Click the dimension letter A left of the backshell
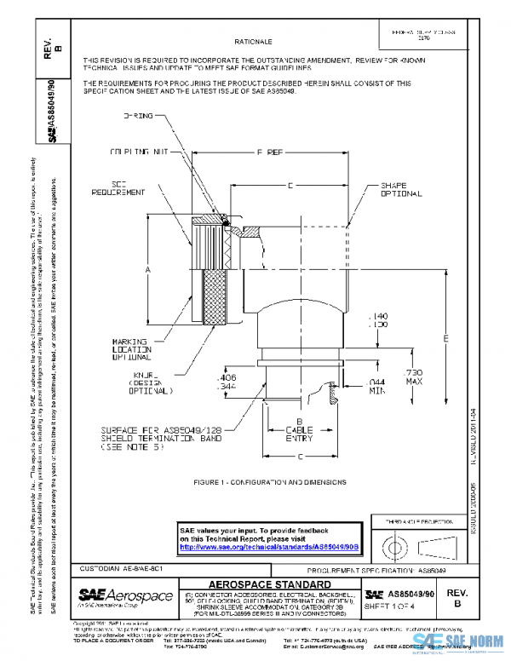[147, 268]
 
